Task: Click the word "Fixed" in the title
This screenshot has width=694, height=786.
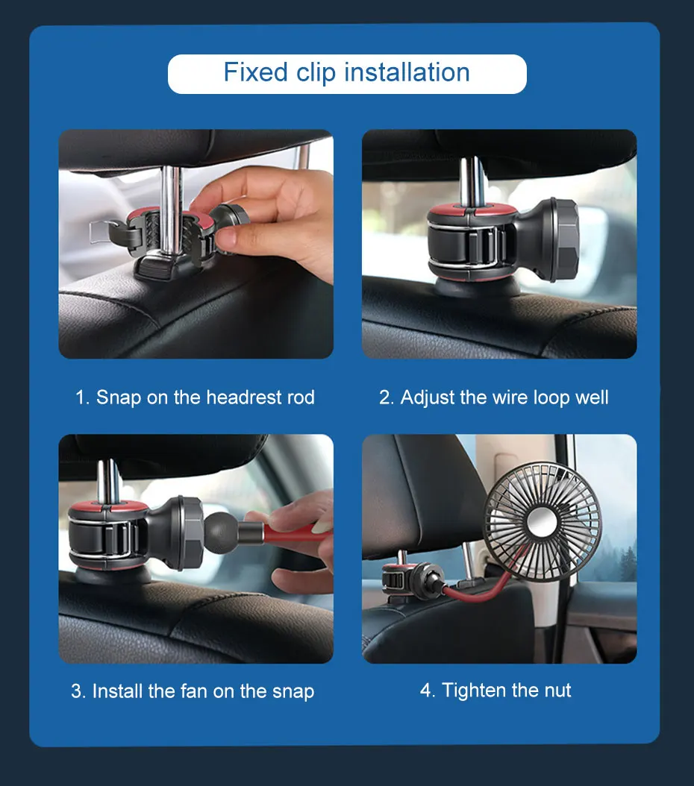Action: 256,72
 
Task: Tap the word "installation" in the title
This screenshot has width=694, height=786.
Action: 407,72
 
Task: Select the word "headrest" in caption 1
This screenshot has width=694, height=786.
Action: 244,397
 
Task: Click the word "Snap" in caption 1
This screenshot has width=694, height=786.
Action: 119,398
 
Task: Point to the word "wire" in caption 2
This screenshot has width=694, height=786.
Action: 510,397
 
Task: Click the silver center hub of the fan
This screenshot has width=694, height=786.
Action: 543,522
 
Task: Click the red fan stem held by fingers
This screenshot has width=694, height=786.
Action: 295,534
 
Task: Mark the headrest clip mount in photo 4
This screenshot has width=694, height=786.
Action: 410,581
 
